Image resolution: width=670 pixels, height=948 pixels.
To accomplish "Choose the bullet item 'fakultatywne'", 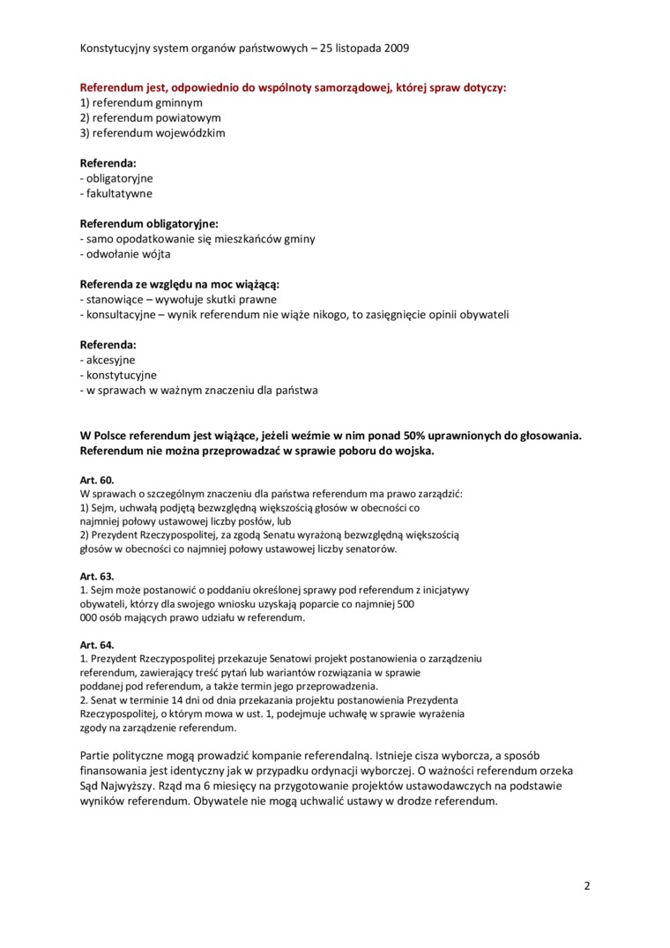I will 118,193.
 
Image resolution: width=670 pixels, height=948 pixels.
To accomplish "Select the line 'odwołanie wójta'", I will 128,254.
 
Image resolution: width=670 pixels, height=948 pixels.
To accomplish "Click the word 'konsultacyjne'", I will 122,315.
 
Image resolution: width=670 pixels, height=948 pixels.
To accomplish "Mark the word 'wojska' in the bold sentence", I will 413,451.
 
